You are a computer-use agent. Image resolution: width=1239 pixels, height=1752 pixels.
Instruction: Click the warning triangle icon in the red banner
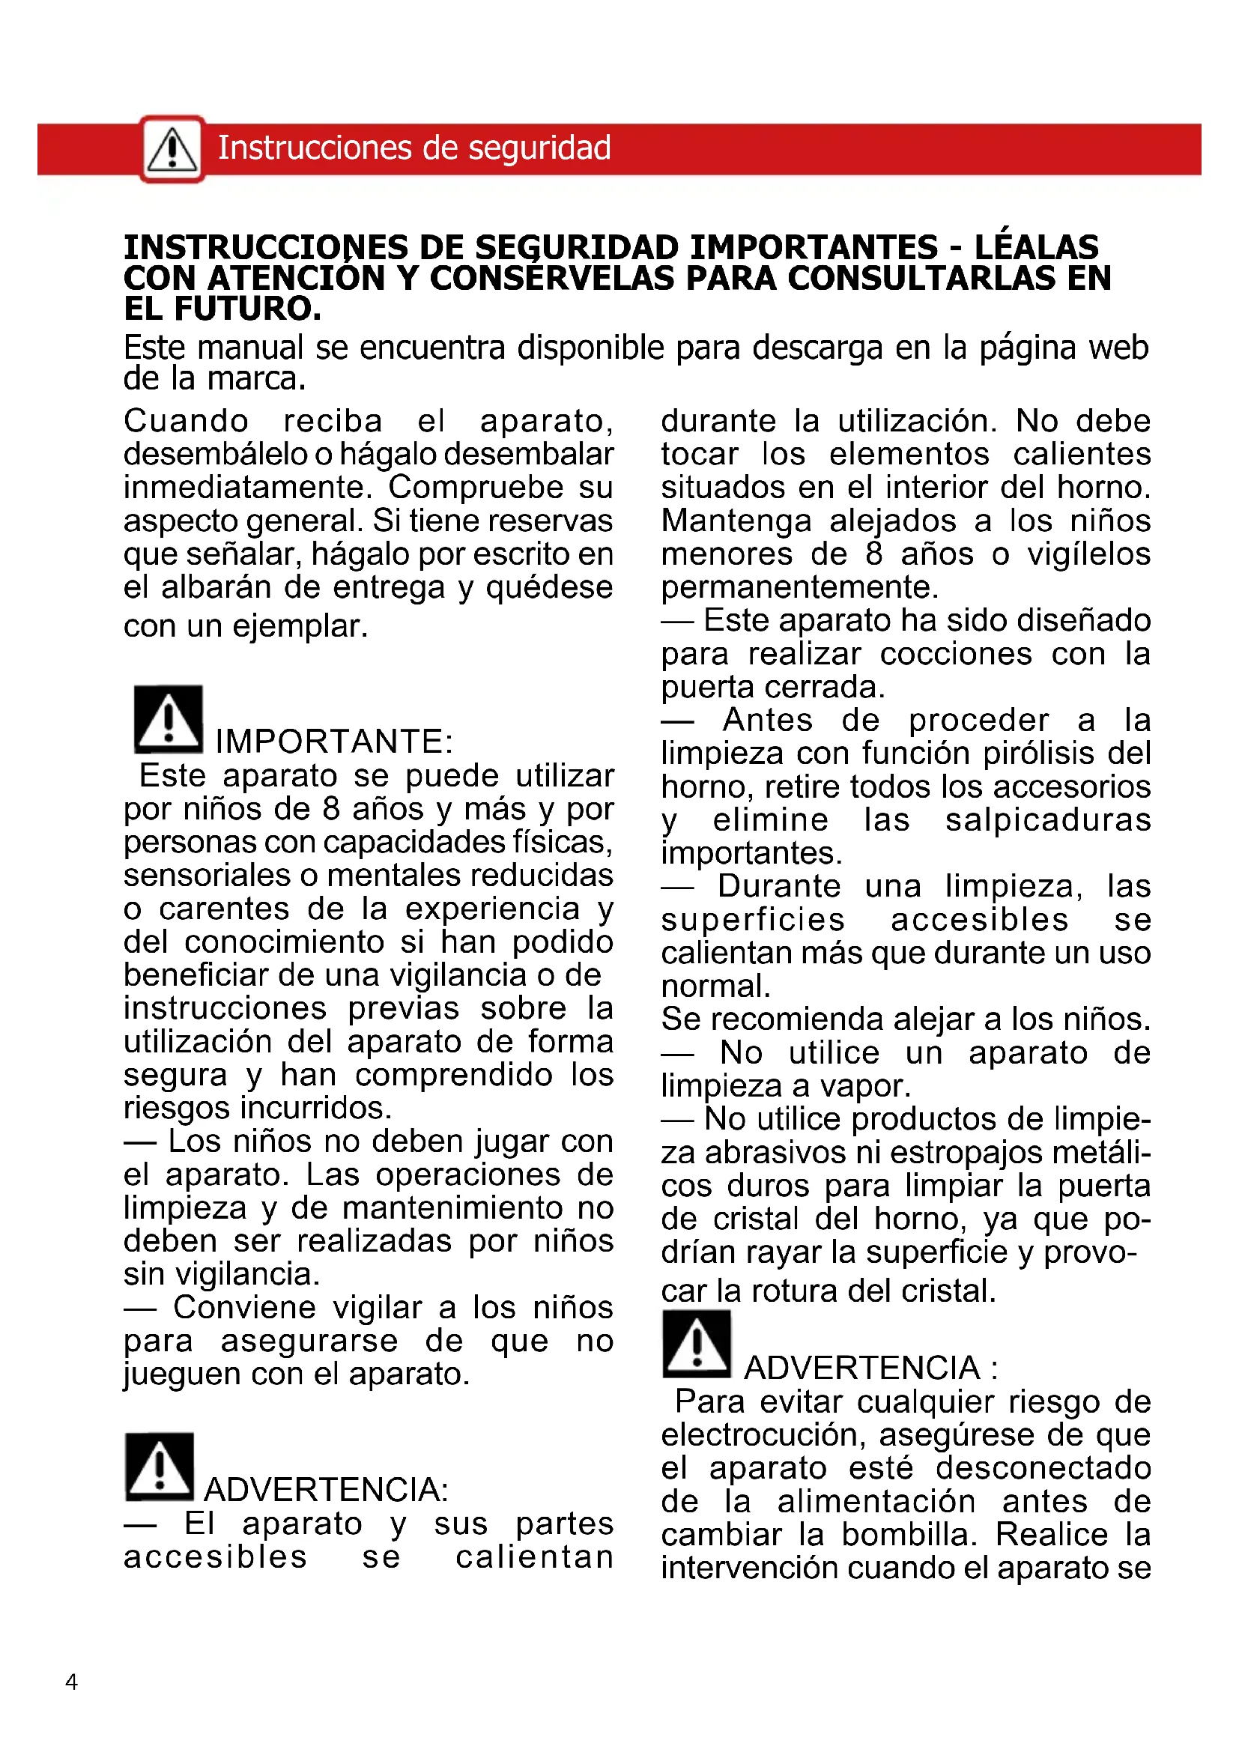[x=172, y=149]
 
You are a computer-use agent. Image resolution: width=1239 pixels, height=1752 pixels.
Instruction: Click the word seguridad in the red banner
[x=539, y=148]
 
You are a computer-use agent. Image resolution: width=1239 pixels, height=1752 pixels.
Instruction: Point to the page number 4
[x=72, y=1682]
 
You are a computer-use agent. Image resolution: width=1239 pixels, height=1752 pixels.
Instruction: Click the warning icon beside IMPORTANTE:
[x=169, y=720]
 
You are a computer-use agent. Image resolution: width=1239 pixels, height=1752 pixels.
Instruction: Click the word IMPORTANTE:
[x=334, y=741]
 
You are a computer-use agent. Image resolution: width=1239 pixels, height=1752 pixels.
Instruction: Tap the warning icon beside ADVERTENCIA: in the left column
[x=160, y=1467]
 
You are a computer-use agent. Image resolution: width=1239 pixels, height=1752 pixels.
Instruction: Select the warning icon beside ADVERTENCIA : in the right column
[x=697, y=1344]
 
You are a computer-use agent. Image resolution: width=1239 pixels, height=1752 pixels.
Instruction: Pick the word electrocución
[x=763, y=1435]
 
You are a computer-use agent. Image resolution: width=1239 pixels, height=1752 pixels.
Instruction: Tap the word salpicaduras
[x=1047, y=819]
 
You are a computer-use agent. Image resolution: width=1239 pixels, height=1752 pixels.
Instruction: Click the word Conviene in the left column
[x=244, y=1307]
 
